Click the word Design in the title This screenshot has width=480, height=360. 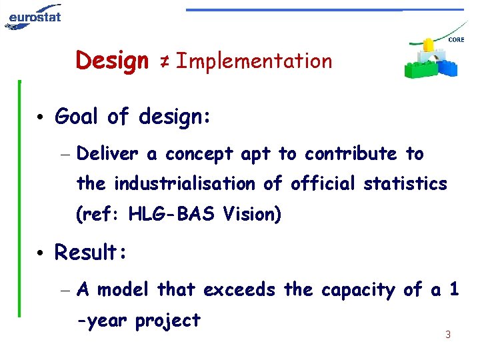[x=112, y=61]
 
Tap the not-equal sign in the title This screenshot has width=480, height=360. [x=163, y=62]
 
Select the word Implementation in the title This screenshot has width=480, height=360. [x=254, y=61]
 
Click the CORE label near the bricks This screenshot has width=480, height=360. [x=456, y=40]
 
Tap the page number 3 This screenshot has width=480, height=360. [x=447, y=335]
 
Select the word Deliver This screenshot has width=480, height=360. [x=107, y=154]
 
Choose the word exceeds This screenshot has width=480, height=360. [x=239, y=290]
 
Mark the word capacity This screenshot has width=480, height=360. [x=359, y=291]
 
